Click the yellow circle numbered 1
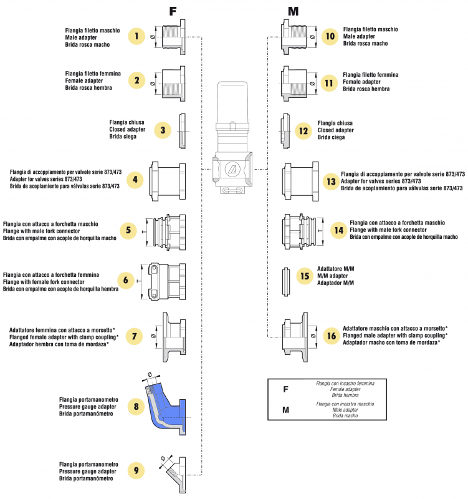(136, 36)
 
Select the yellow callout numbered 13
(330, 182)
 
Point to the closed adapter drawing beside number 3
(182, 131)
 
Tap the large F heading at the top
(174, 11)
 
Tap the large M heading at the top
(294, 11)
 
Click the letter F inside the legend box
(285, 389)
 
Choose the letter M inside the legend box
(285, 410)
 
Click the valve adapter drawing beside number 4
(167, 182)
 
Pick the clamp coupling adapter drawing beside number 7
(173, 336)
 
